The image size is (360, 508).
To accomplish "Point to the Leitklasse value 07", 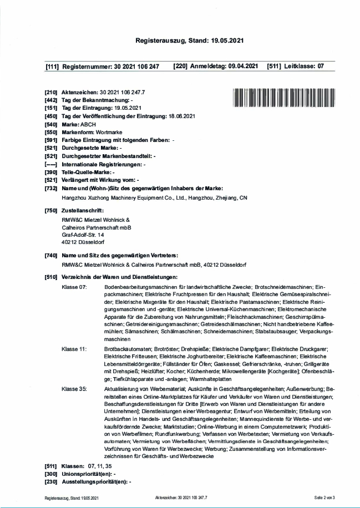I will coord(320,67).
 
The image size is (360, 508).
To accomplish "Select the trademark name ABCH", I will coord(88,125).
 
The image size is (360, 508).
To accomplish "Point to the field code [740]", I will coord(52,255).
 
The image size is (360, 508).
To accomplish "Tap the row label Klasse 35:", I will coord(75,390).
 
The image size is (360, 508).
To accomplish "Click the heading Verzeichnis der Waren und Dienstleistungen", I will coord(119,276).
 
